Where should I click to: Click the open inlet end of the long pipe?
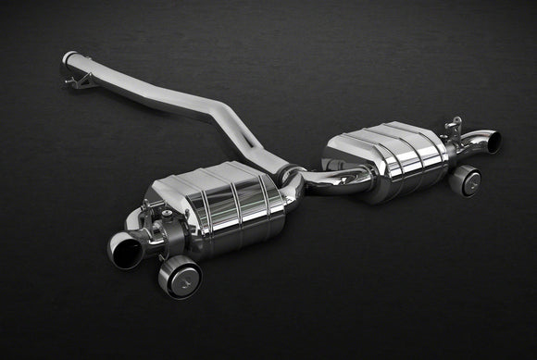[68, 58]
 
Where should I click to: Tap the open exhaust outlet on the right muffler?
[492, 142]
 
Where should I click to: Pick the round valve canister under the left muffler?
[180, 275]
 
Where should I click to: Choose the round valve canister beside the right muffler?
[465, 180]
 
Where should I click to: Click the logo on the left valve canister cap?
[183, 279]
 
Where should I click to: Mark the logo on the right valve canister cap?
[468, 182]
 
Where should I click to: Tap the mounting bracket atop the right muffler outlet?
[453, 126]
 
